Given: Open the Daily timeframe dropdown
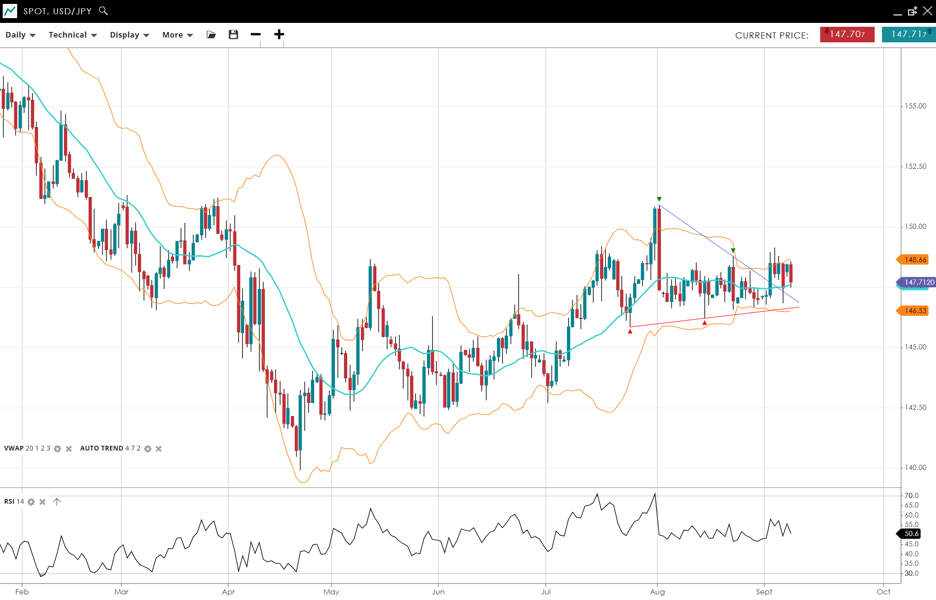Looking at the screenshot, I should (x=20, y=35).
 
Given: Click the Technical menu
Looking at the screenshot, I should (x=72, y=35).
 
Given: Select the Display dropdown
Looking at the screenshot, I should (x=129, y=35).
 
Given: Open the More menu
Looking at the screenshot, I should (x=177, y=35).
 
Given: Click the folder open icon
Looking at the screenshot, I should (x=211, y=35).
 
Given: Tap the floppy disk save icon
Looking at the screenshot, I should (x=233, y=35).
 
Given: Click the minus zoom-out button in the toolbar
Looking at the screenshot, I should (x=256, y=35).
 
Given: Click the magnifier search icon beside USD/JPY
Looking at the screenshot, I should (x=103, y=11).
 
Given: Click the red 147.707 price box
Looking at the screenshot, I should (x=847, y=35).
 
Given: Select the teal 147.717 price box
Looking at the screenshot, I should (x=908, y=35).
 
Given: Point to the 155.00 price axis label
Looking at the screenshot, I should (x=916, y=106).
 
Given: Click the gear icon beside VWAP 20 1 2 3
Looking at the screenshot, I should (x=57, y=449).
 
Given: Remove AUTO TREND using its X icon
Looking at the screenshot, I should (x=159, y=449).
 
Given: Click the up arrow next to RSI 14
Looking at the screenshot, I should (x=57, y=502).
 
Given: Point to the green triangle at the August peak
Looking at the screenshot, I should (x=659, y=199).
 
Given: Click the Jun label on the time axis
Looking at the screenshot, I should (x=438, y=592).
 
